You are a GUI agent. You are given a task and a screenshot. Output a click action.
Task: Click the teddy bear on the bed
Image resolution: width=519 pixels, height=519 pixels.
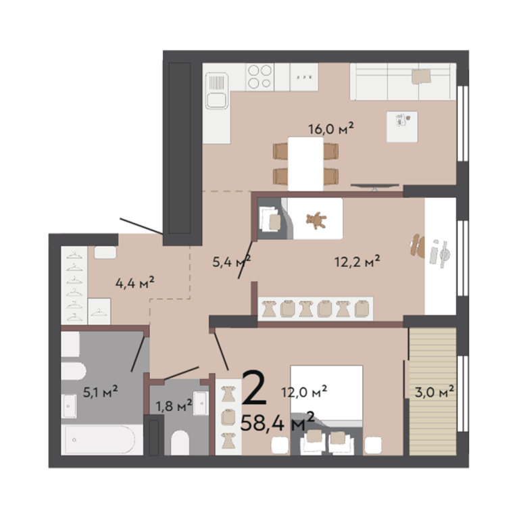coord(316,220)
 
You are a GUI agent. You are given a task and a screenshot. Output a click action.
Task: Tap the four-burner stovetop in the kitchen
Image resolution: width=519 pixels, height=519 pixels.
coord(259,77)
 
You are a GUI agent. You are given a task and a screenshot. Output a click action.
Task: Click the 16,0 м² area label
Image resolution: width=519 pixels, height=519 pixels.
coord(331,128)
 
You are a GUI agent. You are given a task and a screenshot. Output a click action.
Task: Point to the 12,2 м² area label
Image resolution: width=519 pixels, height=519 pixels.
coord(357,262)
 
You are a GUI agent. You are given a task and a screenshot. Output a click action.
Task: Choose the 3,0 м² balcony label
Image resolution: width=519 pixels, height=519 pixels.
coord(435,392)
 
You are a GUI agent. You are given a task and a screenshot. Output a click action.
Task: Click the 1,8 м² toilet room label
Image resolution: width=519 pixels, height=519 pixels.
coord(174,405)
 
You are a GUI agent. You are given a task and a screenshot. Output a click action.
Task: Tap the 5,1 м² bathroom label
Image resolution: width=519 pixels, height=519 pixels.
coord(100,392)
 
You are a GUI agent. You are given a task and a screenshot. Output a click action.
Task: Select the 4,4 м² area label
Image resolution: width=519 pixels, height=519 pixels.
coord(134,283)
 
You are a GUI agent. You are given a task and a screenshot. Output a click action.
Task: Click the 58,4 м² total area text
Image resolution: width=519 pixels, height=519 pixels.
coord(277,422)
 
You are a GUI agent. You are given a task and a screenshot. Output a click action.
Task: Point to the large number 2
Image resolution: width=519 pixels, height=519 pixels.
coord(254,388)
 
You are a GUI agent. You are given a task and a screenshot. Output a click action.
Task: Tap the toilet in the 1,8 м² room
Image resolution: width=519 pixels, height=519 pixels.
coord(180,443)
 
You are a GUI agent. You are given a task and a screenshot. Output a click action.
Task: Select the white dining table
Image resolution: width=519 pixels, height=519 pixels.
coord(305,164)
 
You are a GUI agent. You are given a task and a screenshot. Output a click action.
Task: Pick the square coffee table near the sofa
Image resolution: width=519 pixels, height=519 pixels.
coord(402,127)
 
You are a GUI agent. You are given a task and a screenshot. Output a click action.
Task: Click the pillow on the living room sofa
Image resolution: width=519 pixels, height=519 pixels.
coord(422,76)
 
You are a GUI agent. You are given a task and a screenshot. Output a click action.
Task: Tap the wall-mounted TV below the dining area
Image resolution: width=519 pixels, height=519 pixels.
coord(375,186)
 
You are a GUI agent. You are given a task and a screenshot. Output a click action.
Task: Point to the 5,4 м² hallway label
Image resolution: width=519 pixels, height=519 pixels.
coord(231,262)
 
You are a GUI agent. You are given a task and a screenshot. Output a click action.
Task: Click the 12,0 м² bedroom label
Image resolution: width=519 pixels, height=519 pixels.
coord(304,392)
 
